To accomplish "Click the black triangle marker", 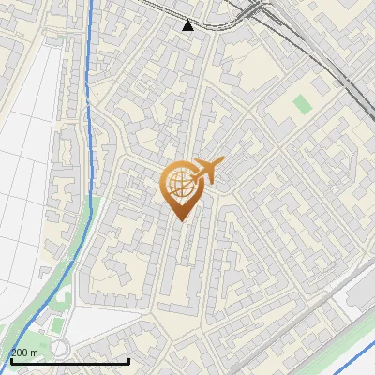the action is pos(188,25).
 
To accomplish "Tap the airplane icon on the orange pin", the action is pos(208,172).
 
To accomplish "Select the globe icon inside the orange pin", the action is pos(180,185).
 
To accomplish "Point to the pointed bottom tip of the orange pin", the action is pos(181,220).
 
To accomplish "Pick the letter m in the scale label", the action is pos(34,352).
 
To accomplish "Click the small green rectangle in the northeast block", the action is pos(300,103).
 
